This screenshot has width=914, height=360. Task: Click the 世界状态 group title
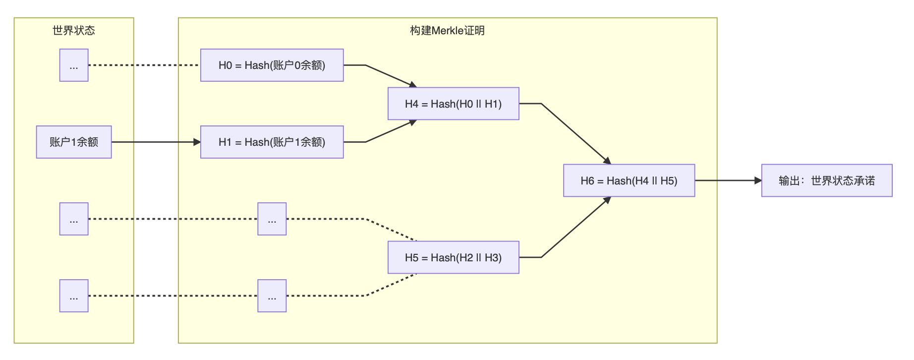pos(74,30)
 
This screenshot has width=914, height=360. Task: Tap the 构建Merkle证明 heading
pos(447,30)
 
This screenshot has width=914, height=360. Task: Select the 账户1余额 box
pos(74,142)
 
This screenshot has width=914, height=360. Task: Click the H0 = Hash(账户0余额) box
pos(272,65)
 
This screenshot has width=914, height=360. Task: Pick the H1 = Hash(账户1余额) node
pos(272,142)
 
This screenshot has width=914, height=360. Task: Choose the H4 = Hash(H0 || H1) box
pos(454,104)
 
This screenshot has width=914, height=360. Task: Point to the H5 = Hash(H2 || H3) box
pos(454,257)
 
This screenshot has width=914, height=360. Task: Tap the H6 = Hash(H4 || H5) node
pos(629,180)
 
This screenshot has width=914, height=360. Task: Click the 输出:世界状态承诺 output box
pos(827,180)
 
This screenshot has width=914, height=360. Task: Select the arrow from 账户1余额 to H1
pos(156,142)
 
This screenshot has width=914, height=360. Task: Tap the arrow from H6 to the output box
pos(728,180)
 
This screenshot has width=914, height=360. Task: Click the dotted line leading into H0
pos(144,65)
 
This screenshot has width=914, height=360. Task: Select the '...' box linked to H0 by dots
pos(74,65)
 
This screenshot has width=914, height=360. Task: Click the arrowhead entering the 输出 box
pos(758,180)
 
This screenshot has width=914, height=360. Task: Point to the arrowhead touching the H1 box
pos(197,142)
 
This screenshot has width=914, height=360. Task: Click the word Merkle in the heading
pos(448,30)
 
